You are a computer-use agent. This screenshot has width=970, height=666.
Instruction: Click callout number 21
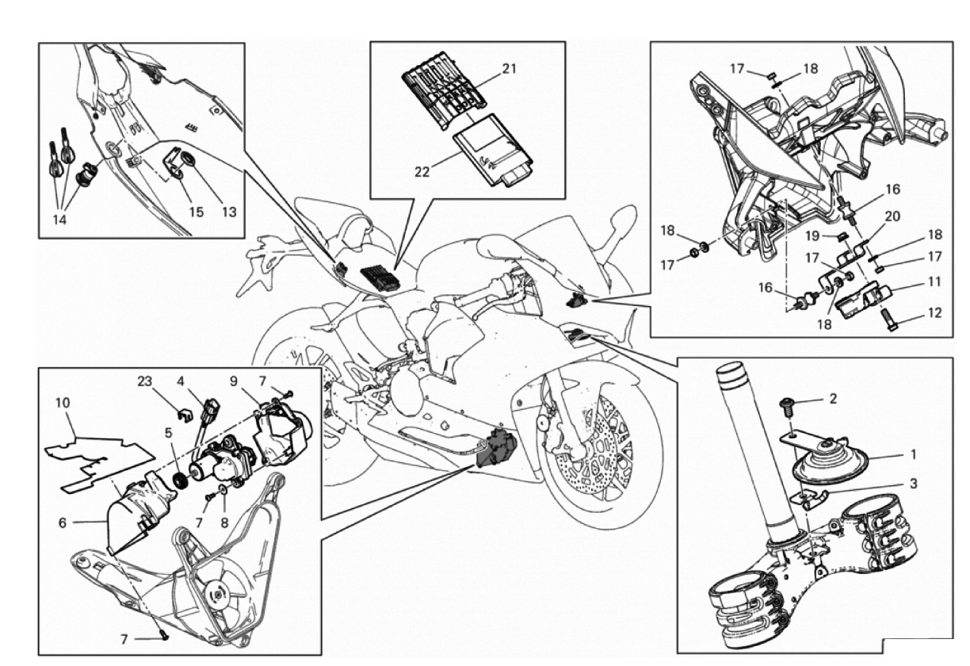point(508,68)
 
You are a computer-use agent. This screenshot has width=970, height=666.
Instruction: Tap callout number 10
point(61,403)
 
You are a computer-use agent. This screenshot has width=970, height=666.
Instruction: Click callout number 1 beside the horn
point(914,456)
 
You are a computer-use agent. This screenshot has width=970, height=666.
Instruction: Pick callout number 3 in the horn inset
point(914,483)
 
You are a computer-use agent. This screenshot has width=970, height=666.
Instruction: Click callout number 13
point(229,212)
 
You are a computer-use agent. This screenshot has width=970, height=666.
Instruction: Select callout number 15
point(196,212)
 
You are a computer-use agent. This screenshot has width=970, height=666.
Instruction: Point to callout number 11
point(935,281)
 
